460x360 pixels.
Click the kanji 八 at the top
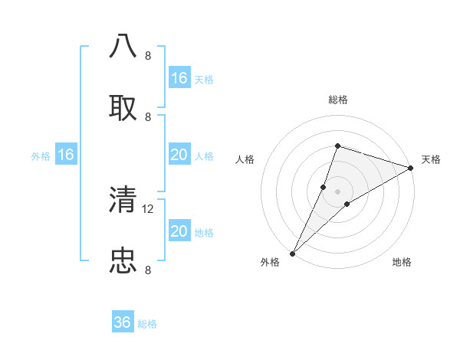point(123,46)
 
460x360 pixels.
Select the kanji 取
point(123,106)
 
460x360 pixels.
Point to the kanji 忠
point(123,260)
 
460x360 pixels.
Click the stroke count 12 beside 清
point(149,208)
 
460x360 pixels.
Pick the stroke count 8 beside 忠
point(148,269)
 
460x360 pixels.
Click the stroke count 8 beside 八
point(148,55)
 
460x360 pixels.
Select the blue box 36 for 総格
point(123,323)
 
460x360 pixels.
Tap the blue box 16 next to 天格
point(179,78)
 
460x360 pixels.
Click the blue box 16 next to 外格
point(66,155)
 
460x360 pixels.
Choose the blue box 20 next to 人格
point(179,155)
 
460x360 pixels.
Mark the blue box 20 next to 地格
point(179,231)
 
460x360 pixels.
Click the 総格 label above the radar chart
point(338,100)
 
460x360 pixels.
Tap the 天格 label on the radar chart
point(431,159)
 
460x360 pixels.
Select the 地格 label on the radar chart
point(402,262)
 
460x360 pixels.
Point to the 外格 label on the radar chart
point(270,262)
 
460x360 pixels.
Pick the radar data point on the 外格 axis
point(293,253)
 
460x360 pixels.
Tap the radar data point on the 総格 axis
point(337,146)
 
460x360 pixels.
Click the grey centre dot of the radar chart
point(337,191)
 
